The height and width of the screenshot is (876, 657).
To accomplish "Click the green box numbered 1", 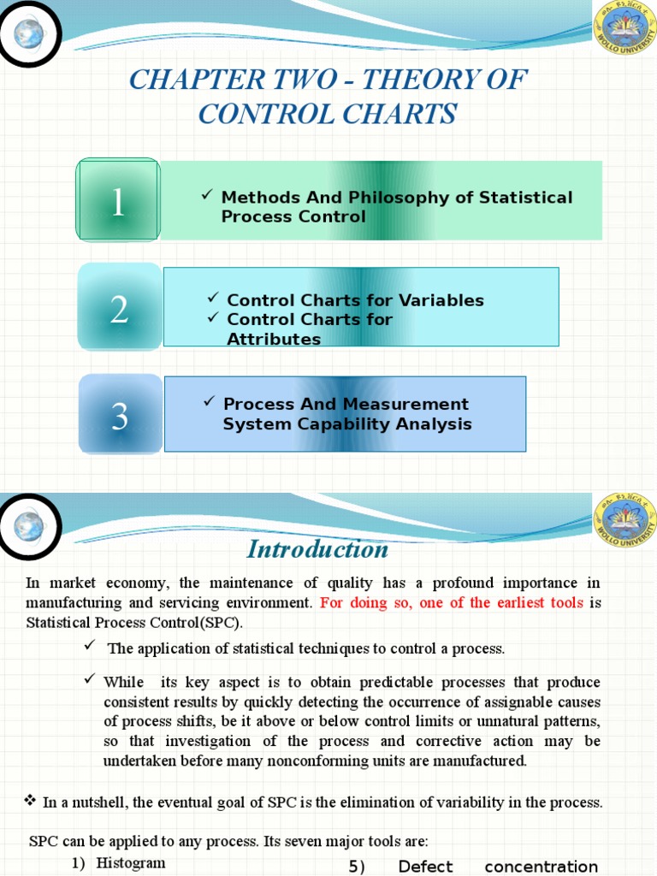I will click(x=117, y=199).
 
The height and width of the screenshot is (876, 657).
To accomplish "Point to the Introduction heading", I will click(x=317, y=548).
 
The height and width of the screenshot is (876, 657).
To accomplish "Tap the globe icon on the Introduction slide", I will click(x=29, y=528).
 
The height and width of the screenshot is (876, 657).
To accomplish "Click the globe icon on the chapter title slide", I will click(x=27, y=33).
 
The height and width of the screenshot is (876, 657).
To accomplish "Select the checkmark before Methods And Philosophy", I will click(x=207, y=196).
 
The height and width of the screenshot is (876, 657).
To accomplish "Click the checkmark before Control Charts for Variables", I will click(x=213, y=298).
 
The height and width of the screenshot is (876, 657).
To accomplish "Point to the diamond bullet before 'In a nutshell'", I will click(x=30, y=801).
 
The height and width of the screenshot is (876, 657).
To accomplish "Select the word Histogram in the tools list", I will click(x=131, y=862).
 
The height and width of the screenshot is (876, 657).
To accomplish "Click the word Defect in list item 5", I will click(x=425, y=867).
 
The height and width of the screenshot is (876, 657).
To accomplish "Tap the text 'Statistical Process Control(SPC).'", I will click(x=134, y=622).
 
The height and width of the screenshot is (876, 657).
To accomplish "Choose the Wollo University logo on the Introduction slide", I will click(x=624, y=523).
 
